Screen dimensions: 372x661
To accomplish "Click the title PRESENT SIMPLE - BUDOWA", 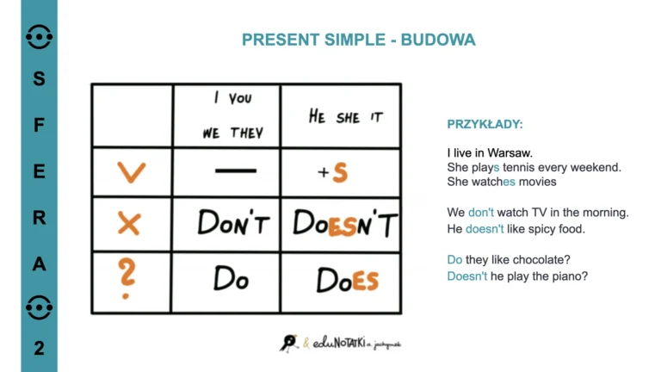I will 358,40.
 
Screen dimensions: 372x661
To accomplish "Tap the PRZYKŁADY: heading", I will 485,124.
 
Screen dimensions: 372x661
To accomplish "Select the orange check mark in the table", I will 131,172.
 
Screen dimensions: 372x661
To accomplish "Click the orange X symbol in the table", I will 129,225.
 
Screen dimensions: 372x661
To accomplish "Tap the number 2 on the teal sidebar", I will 40,348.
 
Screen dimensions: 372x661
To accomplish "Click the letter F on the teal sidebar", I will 40,125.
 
